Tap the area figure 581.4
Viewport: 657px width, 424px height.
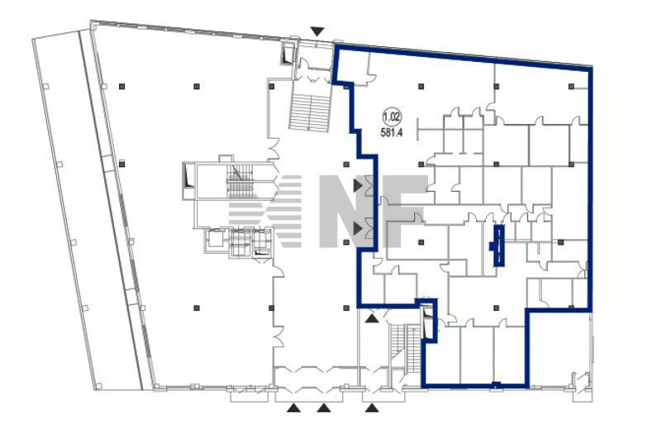coord(392,133)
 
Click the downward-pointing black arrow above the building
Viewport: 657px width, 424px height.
coord(317,31)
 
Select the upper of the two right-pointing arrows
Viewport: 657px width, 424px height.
coord(357,185)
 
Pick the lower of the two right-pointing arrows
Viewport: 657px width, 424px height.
coord(357,229)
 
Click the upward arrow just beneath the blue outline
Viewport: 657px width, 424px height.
coord(372,319)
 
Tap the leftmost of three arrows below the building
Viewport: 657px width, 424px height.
coord(294,407)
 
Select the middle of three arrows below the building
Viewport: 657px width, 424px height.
coord(323,407)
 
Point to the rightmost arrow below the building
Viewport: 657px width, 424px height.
coord(372,407)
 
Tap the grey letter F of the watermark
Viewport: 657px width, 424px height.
coord(405,211)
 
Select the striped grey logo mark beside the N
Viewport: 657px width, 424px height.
coord(265,211)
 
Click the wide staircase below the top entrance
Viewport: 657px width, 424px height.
coord(310,112)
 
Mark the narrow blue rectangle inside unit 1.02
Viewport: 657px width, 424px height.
coord(498,245)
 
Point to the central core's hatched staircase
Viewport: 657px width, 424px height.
coord(240,181)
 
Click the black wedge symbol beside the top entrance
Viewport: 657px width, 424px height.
coord(288,54)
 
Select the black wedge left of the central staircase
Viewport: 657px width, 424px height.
coord(188,175)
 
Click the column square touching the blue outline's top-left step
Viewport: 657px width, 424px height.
coord(346,87)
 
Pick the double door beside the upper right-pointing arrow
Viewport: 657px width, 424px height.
coord(369,185)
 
